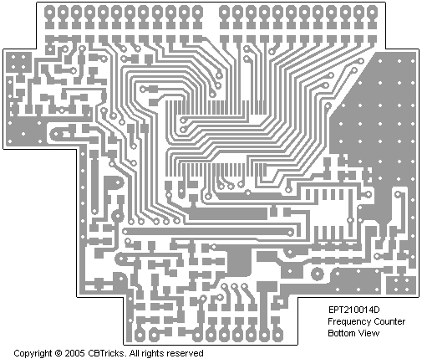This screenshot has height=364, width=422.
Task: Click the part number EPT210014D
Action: pos(353,310)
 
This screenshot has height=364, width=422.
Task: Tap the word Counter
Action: pos(389,321)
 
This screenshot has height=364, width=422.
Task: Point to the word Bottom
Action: pos(341,333)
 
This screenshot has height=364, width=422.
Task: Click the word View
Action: pos(369,333)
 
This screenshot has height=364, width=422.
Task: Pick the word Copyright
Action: pos(33,354)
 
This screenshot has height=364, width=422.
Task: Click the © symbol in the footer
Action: pos(58,353)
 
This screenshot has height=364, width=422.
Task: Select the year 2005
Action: pos(74,353)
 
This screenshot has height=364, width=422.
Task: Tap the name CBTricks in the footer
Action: pos(106,353)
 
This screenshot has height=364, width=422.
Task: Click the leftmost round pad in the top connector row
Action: pos(49,13)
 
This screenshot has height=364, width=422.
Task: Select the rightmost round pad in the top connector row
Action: pos(372,13)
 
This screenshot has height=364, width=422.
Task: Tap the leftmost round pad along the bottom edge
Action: pos(140,334)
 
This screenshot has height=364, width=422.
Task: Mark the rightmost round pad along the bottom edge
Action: pos(277,334)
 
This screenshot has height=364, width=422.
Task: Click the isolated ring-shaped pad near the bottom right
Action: pos(318,274)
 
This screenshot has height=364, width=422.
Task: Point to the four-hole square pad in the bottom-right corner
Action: pos(401,285)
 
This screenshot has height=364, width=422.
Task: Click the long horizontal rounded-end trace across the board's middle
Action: pos(208,232)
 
